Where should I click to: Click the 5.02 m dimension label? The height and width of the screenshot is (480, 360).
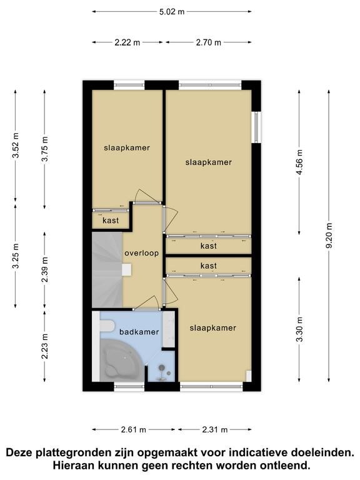172,12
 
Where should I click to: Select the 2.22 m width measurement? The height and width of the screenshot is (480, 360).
127,42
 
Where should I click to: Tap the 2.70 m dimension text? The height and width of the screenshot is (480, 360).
208,42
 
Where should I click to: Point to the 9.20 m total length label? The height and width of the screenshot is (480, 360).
329,236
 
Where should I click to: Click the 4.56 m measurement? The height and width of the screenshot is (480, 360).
299,162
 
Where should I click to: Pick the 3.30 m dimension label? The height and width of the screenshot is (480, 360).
299,329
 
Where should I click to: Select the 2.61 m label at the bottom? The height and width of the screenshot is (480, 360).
134,430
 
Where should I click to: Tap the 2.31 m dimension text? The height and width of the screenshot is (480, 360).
215,430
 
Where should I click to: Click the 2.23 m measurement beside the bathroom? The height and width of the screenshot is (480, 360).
45,346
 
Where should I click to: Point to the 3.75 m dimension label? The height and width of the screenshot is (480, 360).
45,149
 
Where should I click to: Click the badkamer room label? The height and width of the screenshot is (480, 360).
139,332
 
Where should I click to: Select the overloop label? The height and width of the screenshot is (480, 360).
141,253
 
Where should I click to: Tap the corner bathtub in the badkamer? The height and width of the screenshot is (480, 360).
121,361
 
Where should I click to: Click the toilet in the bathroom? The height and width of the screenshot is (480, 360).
106,326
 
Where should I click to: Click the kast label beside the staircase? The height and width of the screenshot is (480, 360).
111,221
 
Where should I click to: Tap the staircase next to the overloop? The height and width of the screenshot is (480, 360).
107,269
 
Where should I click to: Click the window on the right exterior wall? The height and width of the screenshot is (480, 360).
256,127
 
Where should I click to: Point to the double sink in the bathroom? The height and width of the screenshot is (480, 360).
169,329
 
